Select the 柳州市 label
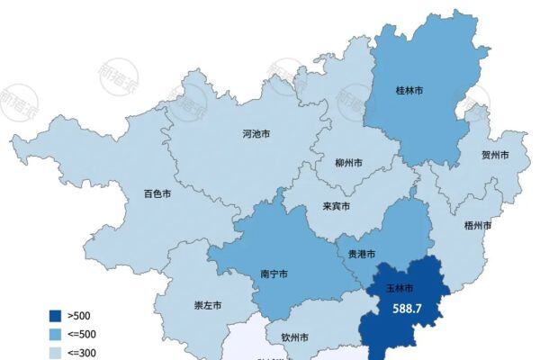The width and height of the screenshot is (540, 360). pos(348,164)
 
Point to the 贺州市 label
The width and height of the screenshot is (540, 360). pos(494,155)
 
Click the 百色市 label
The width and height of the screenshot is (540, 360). pos(157,193)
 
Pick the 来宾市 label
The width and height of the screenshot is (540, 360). pos(336,206)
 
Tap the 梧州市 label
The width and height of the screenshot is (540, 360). pos(477,225)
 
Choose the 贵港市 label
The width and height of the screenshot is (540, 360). pos(361,254)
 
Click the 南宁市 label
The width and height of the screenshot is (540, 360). pos(273,274)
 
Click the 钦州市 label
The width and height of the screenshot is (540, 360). pos(294,338)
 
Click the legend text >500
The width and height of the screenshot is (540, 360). pos(79,316)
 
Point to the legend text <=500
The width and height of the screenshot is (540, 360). pos(82,333)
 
